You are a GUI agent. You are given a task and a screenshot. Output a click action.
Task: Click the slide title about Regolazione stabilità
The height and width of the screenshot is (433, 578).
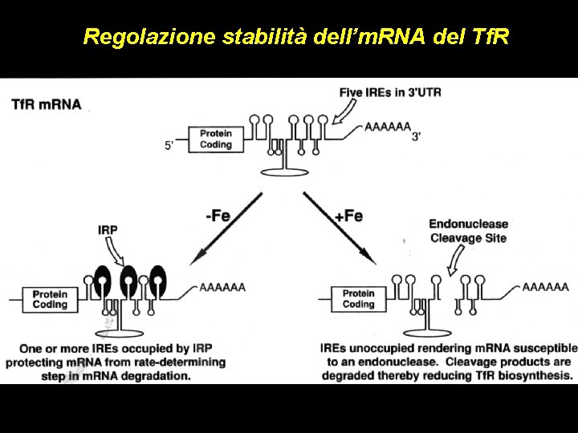[295, 37]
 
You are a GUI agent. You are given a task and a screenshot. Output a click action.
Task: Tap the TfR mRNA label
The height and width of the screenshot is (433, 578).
[46, 103]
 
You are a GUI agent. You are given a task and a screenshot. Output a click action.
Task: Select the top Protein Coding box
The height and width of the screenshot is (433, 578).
[215, 139]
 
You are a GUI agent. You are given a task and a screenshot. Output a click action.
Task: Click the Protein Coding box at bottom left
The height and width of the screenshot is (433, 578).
[50, 299]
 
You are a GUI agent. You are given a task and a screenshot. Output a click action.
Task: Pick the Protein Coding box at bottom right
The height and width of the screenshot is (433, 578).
[358, 299]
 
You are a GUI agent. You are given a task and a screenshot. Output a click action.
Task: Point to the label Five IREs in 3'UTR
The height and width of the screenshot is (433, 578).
[390, 91]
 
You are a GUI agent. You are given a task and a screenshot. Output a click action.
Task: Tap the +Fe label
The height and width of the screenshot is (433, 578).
[348, 216]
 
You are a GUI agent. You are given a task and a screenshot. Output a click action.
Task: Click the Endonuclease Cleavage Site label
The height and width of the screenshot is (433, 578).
[468, 231]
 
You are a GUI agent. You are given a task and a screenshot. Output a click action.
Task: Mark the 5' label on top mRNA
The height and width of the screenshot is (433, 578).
[170, 145]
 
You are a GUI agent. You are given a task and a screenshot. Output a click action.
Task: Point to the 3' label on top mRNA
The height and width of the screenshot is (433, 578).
[416, 137]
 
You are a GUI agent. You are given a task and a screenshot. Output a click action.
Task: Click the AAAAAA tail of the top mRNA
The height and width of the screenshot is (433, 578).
[387, 126]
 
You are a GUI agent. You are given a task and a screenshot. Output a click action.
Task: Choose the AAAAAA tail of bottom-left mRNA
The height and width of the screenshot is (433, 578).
[222, 286]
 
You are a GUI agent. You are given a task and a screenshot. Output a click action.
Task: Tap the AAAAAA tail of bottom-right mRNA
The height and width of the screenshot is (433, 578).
[545, 286]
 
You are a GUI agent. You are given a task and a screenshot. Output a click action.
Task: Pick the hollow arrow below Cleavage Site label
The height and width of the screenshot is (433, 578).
[457, 259]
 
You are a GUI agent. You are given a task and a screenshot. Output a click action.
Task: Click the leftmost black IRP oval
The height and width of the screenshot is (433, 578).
[102, 280]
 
